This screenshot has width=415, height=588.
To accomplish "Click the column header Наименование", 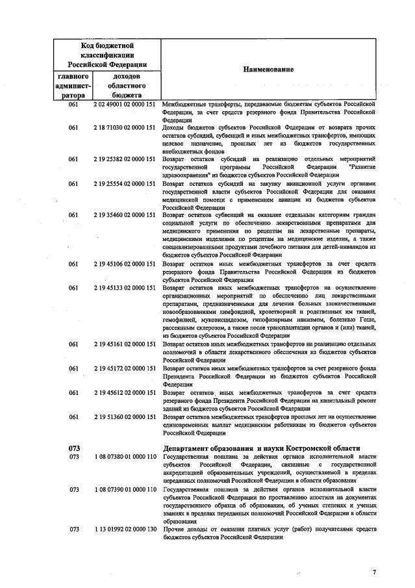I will (268, 69).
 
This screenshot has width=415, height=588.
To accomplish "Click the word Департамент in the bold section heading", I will (190, 448).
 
